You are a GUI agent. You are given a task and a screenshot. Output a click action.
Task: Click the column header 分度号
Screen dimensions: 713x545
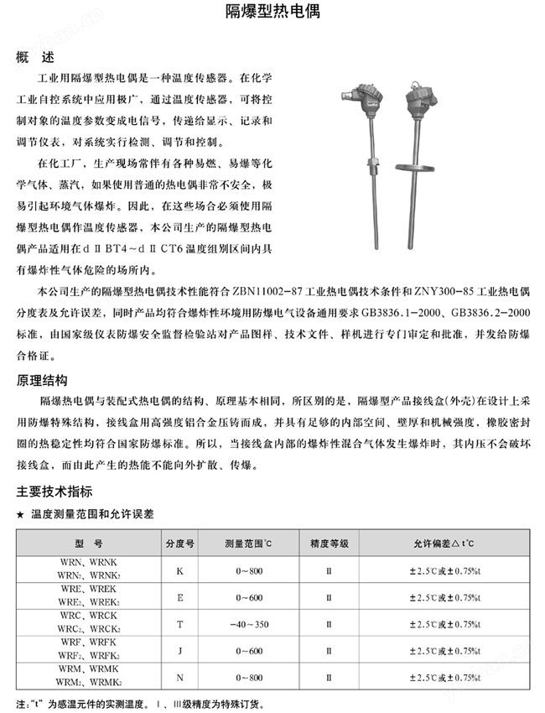click(x=179, y=544)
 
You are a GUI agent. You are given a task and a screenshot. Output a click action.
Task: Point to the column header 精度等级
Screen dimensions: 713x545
click(x=329, y=544)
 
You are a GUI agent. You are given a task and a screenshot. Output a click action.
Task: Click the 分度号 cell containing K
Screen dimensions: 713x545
click(x=179, y=570)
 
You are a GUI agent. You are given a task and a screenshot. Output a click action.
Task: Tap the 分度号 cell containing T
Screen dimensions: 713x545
click(x=179, y=624)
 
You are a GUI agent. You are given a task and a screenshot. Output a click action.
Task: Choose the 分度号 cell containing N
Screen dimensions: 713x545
click(x=179, y=677)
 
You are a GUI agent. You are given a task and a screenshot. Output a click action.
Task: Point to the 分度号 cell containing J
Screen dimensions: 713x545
click(x=179, y=651)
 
